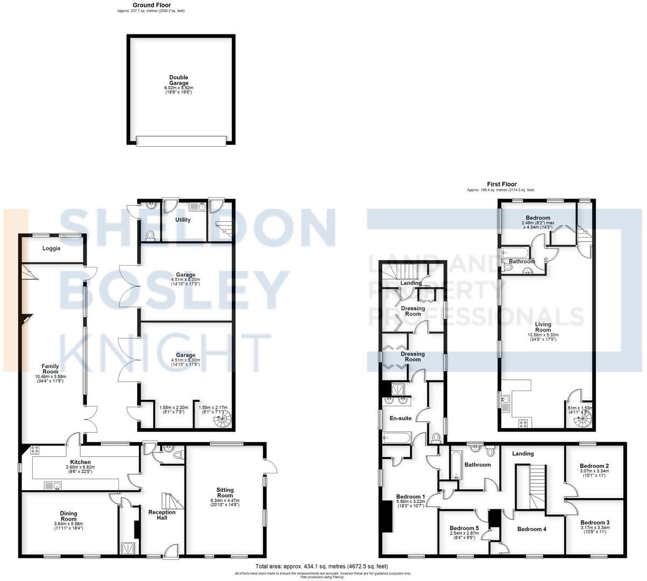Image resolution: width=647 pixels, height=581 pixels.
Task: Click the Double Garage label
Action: [179, 80]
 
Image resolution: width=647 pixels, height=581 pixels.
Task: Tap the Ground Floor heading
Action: [152, 5]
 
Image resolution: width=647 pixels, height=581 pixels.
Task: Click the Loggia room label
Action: [52, 249]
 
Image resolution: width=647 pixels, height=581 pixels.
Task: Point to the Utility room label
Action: [183, 219]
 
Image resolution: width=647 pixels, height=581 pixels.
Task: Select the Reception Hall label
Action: [162, 515]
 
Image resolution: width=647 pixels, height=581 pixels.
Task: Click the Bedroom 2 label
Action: [595, 466]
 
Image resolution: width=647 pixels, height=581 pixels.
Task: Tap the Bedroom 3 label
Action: [595, 522]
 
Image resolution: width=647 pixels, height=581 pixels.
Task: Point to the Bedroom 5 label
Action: [464, 528]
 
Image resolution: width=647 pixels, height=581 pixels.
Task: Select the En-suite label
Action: [400, 417]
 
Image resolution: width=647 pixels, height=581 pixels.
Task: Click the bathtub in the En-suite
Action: [397, 438]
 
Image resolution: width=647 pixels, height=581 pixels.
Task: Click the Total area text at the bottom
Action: [321, 566]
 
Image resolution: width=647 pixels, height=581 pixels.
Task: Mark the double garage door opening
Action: [181, 141]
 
